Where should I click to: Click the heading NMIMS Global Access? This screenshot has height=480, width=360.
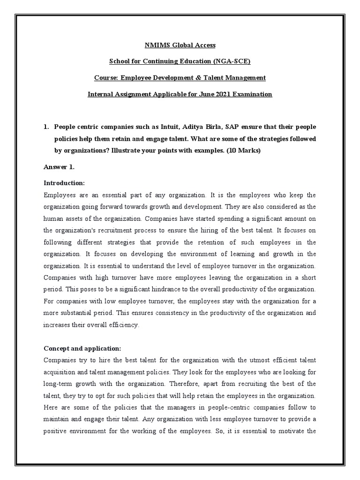point(180,45)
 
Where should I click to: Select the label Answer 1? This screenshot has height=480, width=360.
point(59,166)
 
